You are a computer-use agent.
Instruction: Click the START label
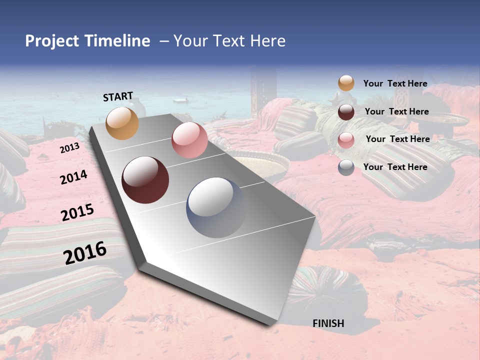(x=118, y=96)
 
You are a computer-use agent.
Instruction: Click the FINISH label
(x=328, y=323)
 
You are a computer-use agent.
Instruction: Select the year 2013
(x=69, y=148)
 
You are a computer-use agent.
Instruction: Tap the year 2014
(x=73, y=177)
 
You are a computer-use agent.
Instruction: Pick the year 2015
(x=77, y=212)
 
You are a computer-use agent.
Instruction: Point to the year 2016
(x=85, y=252)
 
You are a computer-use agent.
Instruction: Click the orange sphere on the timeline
(x=122, y=123)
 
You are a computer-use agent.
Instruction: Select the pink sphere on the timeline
(x=189, y=140)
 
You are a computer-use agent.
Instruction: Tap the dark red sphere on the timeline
(x=145, y=180)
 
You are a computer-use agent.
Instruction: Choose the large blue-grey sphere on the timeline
(x=216, y=207)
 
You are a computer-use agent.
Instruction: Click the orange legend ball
(x=346, y=83)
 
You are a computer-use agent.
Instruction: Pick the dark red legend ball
(x=346, y=112)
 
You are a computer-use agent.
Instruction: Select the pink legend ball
(x=346, y=140)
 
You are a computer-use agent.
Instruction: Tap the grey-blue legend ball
(x=346, y=167)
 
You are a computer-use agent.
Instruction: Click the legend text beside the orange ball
(x=395, y=83)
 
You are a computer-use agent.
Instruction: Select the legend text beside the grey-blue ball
(x=395, y=167)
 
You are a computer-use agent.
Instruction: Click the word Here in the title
(x=267, y=41)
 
